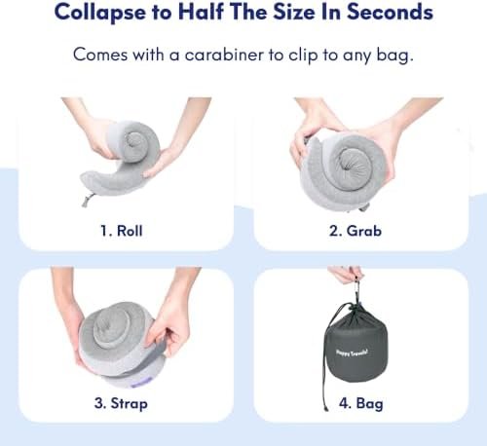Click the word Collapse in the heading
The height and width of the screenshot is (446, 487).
click(99, 14)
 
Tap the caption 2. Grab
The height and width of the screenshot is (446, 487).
click(355, 232)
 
